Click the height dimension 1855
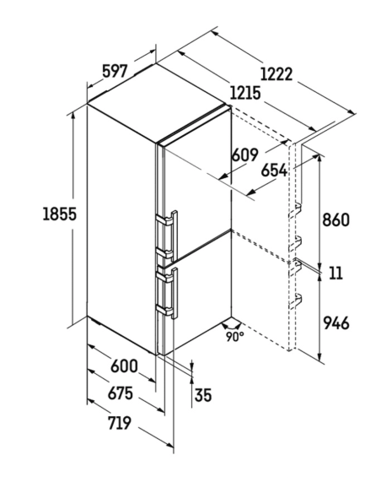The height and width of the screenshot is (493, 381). pos(59,214)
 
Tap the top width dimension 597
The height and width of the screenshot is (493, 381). pos(115,72)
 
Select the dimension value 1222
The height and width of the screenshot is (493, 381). pos(276,74)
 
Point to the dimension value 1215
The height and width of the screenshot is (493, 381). pos(245,93)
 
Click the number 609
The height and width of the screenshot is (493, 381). pos(244,154)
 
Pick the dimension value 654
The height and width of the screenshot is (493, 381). pos(274,171)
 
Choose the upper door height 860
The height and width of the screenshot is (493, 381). pos(335,219)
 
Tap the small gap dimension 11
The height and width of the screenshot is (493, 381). pos(335,273)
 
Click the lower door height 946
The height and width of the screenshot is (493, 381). pos(335,323)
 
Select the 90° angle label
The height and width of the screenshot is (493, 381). pos(234,337)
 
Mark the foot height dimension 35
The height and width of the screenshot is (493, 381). pos(203,395)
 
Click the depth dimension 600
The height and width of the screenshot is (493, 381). pos(124,366)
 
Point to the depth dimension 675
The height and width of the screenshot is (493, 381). pos(121,393)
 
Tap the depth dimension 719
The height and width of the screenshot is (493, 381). pos(119,423)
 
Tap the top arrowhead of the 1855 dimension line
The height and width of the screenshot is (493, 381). pos(73,116)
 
